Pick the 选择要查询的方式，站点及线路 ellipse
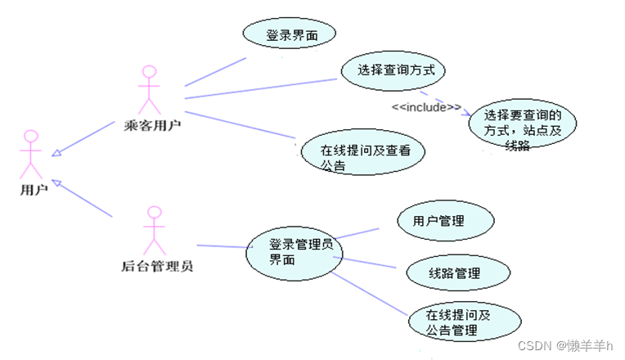[x=522, y=127]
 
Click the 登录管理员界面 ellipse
[x=292, y=251]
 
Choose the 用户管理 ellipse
[x=445, y=221]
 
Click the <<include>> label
[x=425, y=107]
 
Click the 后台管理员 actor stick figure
[x=154, y=230]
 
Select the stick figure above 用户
[x=31, y=154]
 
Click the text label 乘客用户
[x=152, y=125]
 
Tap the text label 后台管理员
[x=157, y=266]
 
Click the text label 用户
[x=34, y=190]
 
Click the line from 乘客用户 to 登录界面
[x=215, y=72]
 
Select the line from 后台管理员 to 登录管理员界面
[x=221, y=246]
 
